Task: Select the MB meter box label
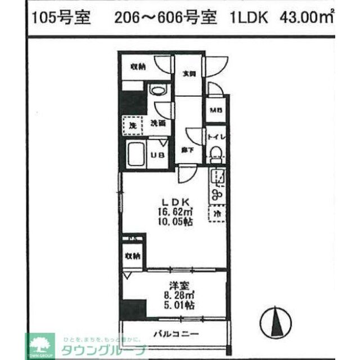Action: [x=215, y=110]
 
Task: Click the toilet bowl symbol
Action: [x=215, y=152]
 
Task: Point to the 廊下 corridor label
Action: [x=188, y=150]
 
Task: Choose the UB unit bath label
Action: [x=158, y=156]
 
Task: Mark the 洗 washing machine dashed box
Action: [x=133, y=125]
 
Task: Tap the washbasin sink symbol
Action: [x=159, y=90]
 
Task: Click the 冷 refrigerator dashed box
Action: [x=217, y=214]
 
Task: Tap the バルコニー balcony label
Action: [x=176, y=335]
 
